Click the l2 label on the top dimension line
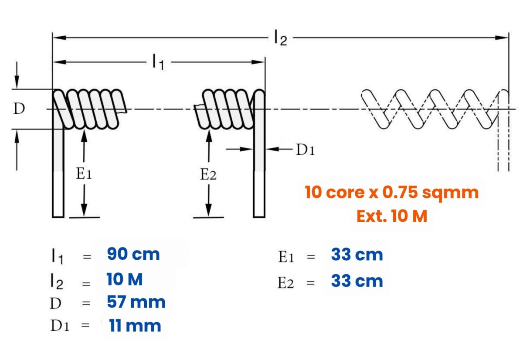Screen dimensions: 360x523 click(280, 38)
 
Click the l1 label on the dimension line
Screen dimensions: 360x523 click(158, 63)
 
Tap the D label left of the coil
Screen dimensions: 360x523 click(19, 109)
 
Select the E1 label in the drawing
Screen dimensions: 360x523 click(84, 174)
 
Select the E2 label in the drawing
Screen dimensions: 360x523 click(208, 175)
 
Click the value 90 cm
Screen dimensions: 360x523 click(133, 255)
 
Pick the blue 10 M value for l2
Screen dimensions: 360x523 click(125, 279)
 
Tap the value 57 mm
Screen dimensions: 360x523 click(136, 302)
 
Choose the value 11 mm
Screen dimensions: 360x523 click(135, 326)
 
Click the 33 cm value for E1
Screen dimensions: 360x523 click(357, 255)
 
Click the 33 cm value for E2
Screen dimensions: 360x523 click(357, 281)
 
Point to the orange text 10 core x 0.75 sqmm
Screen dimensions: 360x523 click(391, 192)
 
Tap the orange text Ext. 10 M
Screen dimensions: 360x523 click(391, 216)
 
